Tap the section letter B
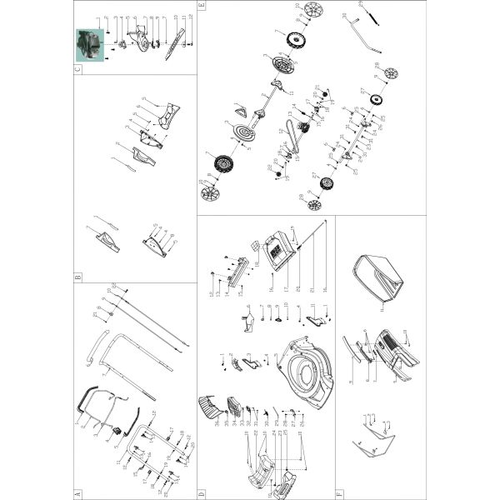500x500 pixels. [x=77, y=277]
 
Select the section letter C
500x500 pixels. [x=77, y=70]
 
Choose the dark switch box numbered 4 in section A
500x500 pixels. [x=117, y=431]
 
